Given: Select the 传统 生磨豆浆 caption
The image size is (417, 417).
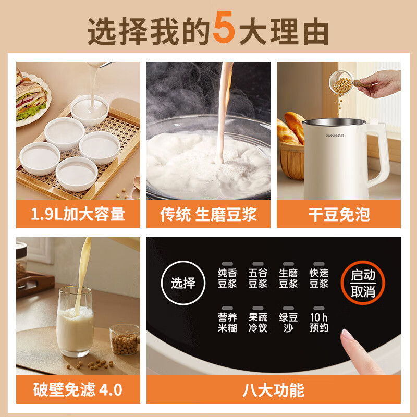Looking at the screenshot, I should (208, 214).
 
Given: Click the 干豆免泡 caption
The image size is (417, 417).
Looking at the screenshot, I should (339, 214).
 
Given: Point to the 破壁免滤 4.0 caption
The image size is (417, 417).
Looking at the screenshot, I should (78, 389).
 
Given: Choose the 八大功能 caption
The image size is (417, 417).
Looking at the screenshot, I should (274, 389).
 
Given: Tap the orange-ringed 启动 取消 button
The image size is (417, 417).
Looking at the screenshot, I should (363, 283).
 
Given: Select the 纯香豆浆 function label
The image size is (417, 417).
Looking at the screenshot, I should (228, 278).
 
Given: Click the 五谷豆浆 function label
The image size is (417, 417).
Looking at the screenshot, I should (258, 278).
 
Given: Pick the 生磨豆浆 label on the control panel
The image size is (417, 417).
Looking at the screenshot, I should (288, 278).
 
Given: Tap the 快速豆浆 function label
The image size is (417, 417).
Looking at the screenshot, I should (318, 278).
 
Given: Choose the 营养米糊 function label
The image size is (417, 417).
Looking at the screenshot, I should (228, 322).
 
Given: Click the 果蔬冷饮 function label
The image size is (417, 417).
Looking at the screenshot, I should (258, 322).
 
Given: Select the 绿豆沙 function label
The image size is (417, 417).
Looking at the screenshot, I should (288, 322).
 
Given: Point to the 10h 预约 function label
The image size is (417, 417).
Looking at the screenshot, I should (318, 322).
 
